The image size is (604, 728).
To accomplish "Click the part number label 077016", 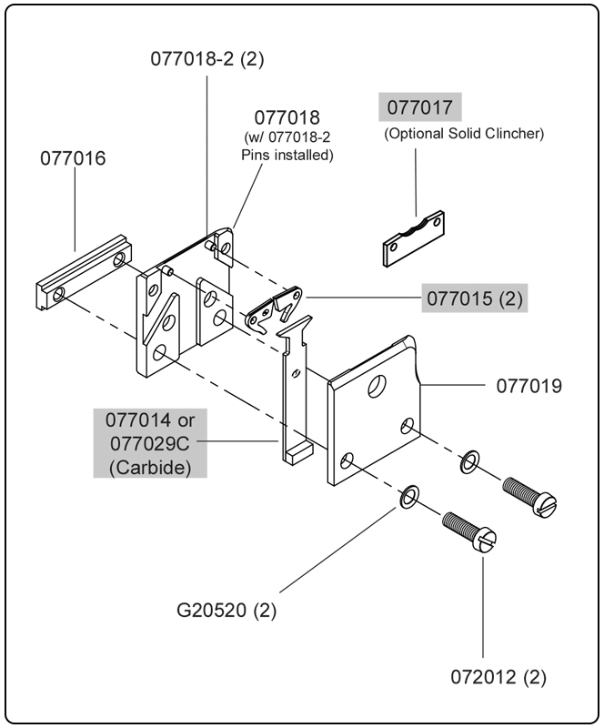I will point(73,158).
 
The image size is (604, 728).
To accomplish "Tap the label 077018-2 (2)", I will point(207,59).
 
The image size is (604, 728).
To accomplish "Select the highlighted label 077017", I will point(419,106).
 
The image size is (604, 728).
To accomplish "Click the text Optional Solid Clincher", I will point(464,134).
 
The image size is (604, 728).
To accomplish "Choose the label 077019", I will point(528,386).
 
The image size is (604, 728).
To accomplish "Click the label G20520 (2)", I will point(214,609).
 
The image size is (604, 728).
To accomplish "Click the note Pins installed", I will point(287,155).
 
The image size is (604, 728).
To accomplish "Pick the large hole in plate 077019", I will point(375,387).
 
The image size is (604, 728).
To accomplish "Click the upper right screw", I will point(528,495).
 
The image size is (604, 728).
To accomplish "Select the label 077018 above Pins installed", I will point(287,118).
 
